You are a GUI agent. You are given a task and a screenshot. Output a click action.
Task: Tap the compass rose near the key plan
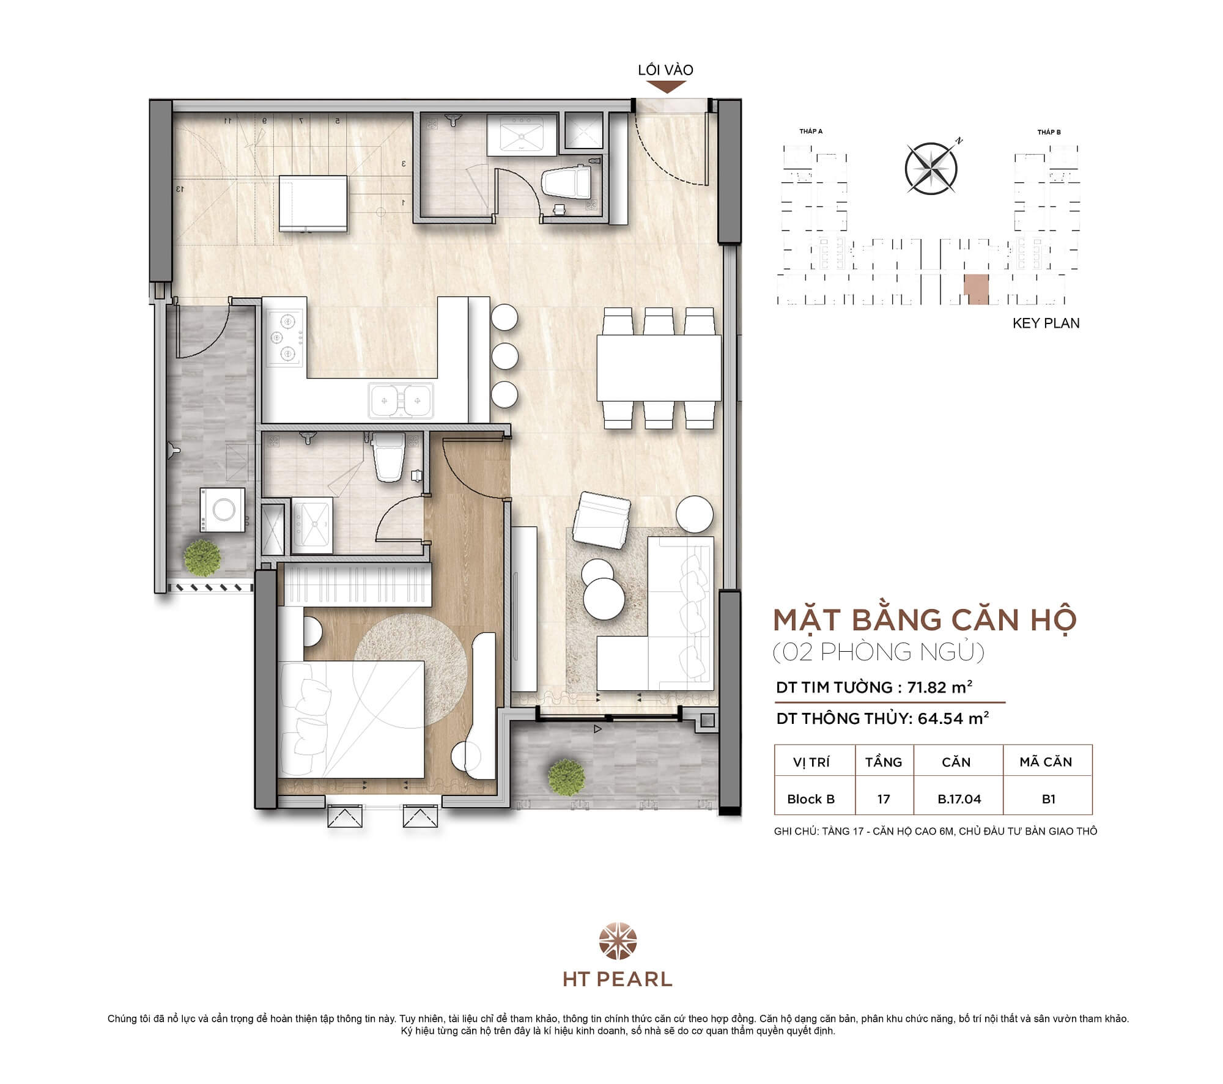coord(931,168)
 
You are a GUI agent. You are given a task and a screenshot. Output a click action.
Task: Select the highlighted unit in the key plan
coord(976,289)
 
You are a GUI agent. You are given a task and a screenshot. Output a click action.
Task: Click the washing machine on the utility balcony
coord(223,510)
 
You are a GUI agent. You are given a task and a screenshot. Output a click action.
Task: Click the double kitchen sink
coord(401,401)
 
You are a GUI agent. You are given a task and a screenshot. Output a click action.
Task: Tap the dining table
coord(659,367)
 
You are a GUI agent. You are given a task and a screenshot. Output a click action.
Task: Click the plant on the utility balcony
coord(202,558)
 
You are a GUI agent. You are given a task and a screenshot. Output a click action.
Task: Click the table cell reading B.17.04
coord(958,799)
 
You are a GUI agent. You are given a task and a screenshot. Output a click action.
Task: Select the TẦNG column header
coord(883,762)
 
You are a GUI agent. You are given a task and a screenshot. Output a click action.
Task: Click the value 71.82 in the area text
coord(926,687)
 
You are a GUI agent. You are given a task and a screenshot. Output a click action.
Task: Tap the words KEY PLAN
coord(1046,323)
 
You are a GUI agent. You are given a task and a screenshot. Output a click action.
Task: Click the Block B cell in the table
coord(811,799)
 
